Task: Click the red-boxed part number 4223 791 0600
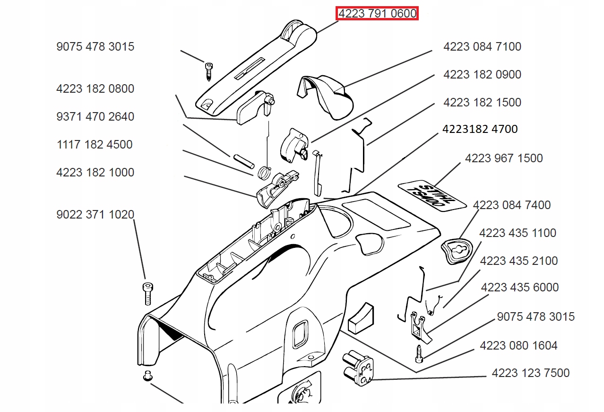coord(377,14)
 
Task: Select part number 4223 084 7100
coord(482,47)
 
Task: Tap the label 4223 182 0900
coord(482,75)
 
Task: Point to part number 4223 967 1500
coord(504,158)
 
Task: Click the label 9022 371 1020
coord(95,215)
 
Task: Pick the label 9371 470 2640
coord(95,117)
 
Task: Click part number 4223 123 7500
coord(530,373)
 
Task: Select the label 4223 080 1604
coord(518,346)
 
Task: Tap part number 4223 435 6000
coord(519,288)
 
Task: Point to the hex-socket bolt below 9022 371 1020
coord(147,293)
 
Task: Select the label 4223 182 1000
coord(95,173)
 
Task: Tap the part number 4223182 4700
coord(480,129)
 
